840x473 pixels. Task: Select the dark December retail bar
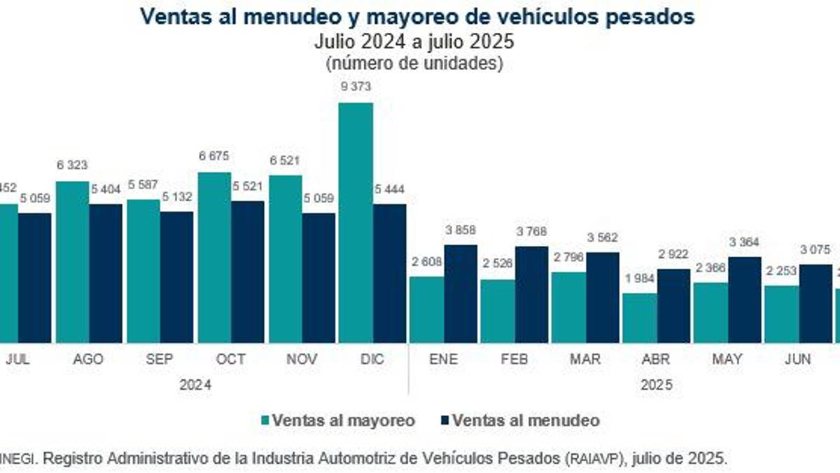pos(389,273)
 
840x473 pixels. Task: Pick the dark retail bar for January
pos(460,294)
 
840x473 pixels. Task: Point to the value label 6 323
pos(73,166)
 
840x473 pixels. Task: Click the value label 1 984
pos(638,278)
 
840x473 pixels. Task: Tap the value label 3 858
pos(461,230)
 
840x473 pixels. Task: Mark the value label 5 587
pos(143,184)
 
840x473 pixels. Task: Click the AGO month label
pos(88,359)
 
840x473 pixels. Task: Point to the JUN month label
pos(797,359)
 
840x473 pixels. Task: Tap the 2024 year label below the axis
pos(195,385)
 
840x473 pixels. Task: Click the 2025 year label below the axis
pos(656,385)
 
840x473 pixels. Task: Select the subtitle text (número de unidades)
pos(414,63)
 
